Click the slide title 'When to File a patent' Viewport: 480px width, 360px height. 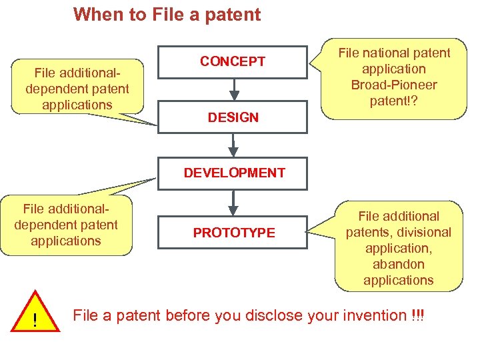tap(167, 14)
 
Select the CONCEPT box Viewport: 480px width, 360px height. tap(233, 61)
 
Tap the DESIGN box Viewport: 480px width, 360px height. tap(233, 117)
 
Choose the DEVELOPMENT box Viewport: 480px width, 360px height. tap(234, 173)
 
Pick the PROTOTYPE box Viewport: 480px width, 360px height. tap(233, 233)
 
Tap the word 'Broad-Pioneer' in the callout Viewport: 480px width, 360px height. tap(394, 85)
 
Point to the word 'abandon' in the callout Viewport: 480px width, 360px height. tap(399, 264)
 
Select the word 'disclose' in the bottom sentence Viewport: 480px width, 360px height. tap(274, 315)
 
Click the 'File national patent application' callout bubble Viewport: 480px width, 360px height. tap(394, 77)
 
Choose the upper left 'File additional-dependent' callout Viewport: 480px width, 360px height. tap(77, 87)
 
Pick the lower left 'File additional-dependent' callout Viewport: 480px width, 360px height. tap(65, 225)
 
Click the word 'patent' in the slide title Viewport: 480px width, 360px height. tap(233, 14)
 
